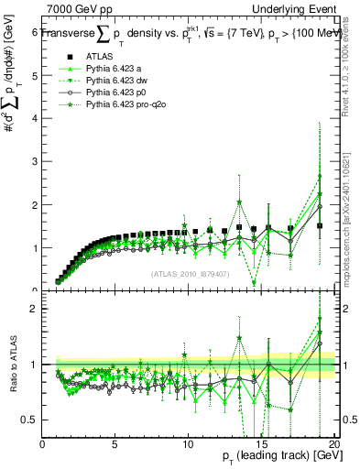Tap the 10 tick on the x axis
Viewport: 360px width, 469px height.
(187, 444)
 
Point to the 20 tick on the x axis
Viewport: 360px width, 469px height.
(333, 444)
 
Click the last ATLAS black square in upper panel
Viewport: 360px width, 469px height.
(320, 225)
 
